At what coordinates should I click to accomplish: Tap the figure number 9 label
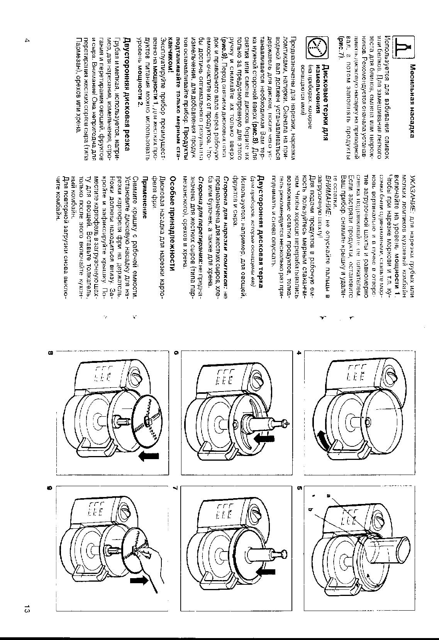point(50,488)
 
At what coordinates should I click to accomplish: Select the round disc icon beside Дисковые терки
point(317,48)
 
